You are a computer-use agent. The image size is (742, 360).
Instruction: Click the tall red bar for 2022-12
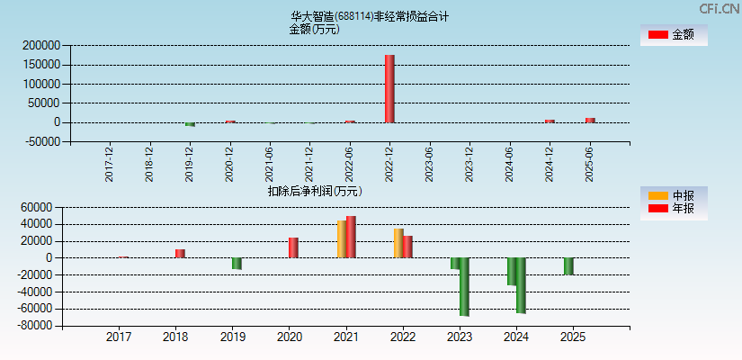click(389, 88)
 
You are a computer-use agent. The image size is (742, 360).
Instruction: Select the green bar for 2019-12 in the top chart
click(190, 124)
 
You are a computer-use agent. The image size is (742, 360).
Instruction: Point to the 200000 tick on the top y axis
click(41, 45)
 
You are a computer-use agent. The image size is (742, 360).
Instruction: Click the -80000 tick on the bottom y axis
click(41, 326)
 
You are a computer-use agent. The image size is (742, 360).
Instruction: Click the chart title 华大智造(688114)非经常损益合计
click(370, 16)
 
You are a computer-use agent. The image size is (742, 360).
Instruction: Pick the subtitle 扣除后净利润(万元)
click(314, 191)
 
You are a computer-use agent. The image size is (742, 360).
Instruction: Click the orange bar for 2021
click(342, 239)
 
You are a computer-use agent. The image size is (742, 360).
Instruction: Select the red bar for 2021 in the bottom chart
click(351, 237)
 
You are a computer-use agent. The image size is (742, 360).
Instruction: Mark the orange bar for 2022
click(398, 243)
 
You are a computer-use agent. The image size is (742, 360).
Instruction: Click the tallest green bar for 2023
click(464, 286)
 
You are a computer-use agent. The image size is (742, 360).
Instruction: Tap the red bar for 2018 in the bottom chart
click(180, 254)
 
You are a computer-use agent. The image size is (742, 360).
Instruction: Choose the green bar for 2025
click(568, 266)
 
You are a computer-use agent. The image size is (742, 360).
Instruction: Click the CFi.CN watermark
click(720, 8)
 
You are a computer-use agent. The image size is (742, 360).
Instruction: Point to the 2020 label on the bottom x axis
click(289, 337)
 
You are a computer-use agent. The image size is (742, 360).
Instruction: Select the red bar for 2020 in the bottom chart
click(293, 247)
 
